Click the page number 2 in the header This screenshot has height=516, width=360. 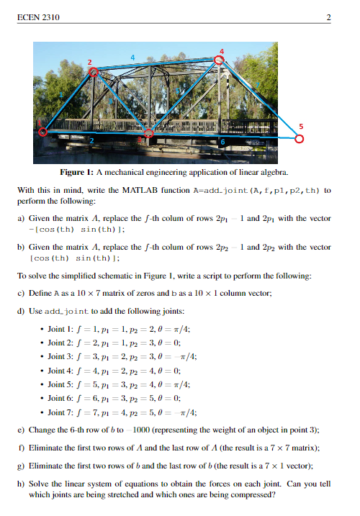coord(328,17)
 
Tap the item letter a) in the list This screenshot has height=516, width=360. coord(21,217)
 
